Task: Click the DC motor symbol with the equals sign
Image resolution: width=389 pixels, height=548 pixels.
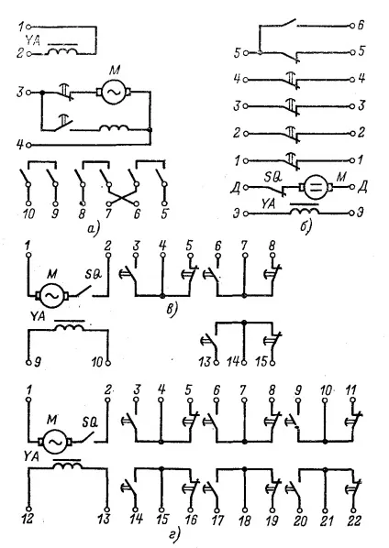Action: point(316,187)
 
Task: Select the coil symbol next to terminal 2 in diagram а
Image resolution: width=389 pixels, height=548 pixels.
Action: point(62,51)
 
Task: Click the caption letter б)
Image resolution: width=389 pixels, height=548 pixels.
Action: point(306,227)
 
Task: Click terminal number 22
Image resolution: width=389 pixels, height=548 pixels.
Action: point(353,521)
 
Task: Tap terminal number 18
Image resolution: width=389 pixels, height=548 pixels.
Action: point(245,521)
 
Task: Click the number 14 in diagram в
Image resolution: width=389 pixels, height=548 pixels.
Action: point(233,362)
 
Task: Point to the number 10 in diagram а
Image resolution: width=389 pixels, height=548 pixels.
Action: point(28,214)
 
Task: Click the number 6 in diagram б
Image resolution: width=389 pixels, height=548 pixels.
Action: point(361,26)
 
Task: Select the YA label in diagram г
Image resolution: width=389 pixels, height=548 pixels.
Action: point(31,456)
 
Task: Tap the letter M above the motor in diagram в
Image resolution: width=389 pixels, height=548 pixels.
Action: point(51,274)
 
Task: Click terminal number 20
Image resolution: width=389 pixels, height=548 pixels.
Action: point(301,521)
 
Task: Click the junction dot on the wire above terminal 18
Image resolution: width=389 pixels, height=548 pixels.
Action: point(245,468)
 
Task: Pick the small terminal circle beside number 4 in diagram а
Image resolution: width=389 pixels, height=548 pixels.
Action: point(29,145)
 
